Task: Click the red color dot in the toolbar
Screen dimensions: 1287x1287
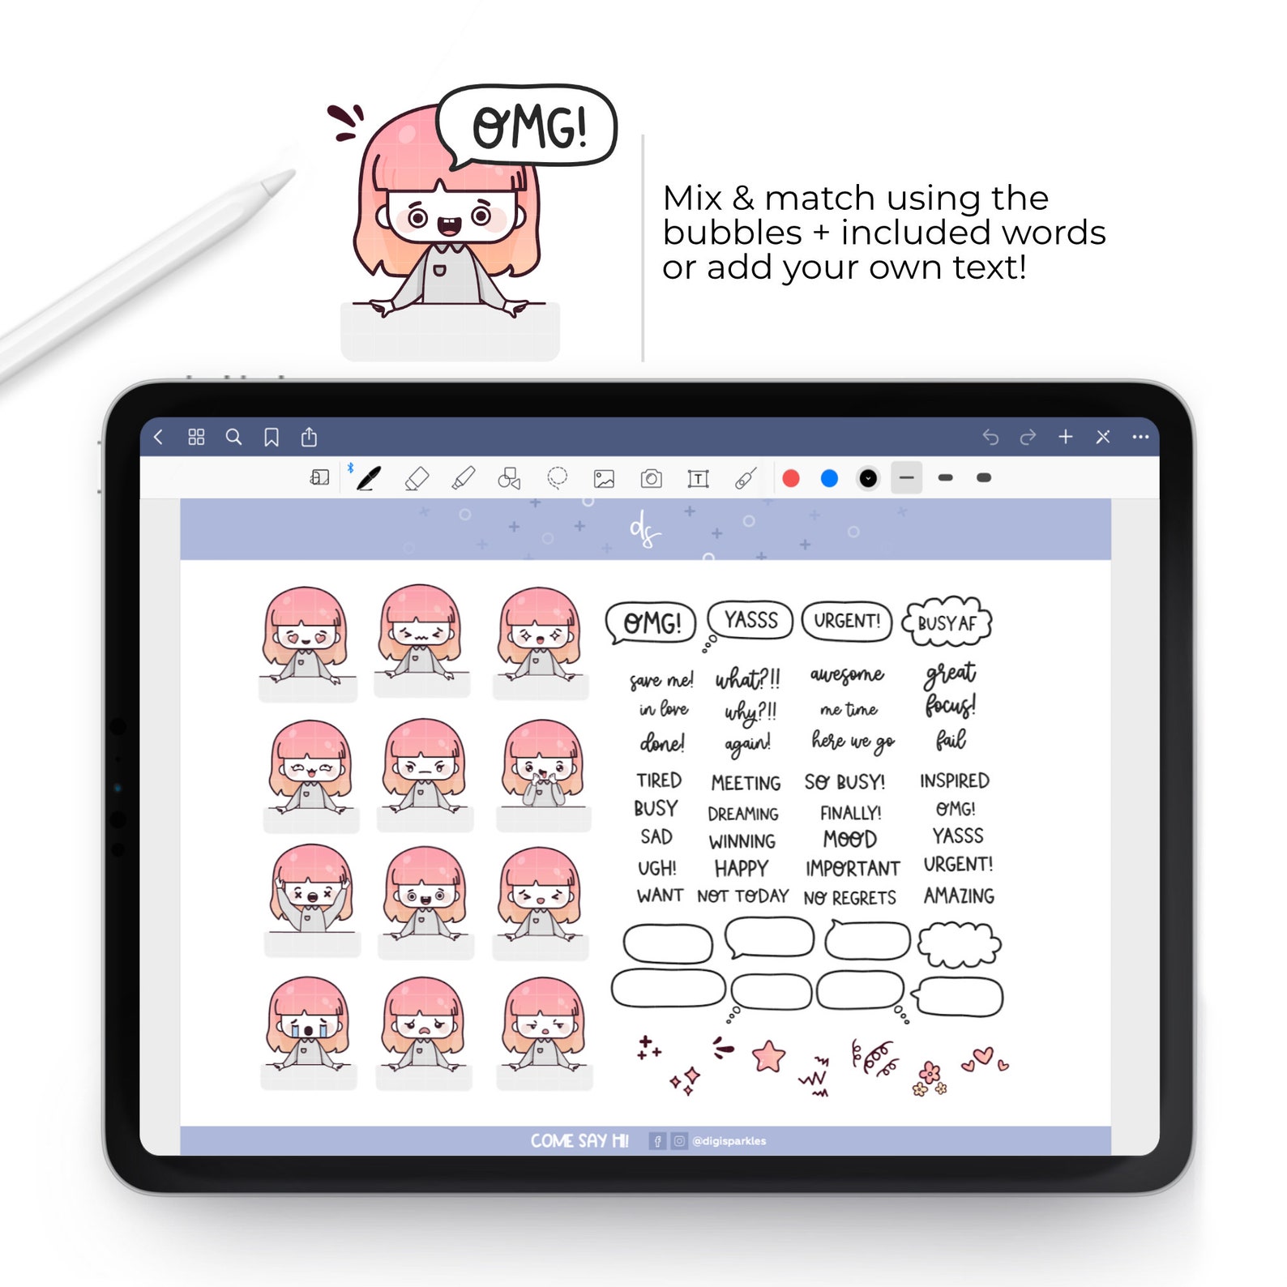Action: coord(791,478)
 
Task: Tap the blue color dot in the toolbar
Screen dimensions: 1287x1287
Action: coord(829,478)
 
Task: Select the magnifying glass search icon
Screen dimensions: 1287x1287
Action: coord(233,438)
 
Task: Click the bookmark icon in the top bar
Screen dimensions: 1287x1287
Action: coord(272,438)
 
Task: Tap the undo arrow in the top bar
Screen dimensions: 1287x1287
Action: coord(990,438)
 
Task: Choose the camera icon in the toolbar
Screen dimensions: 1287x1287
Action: coord(651,479)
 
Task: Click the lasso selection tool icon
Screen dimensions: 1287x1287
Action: coord(557,478)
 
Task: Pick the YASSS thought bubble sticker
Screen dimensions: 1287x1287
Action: coord(750,621)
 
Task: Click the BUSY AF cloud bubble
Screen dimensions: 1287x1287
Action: coord(947,623)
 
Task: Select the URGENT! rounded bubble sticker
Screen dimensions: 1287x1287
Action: coord(846,621)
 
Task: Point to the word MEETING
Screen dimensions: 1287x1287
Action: coord(746,783)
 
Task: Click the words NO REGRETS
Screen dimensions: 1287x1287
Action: coord(849,898)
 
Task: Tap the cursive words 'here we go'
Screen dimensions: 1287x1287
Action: coord(853,741)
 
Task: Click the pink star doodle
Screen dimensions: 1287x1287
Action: coord(768,1057)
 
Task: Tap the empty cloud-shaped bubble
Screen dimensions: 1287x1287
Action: coord(960,944)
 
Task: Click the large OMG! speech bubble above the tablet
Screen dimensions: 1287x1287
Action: coord(528,127)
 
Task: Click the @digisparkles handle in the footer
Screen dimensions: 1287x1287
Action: coord(729,1141)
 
